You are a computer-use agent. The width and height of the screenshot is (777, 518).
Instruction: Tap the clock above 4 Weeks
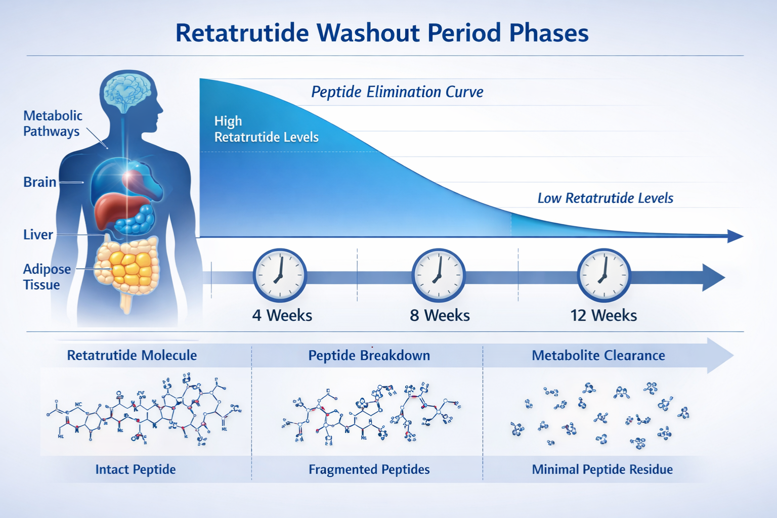[x=280, y=276]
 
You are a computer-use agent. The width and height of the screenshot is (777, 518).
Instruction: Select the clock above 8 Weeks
[x=439, y=276]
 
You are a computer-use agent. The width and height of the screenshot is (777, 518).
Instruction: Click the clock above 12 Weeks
[x=603, y=276]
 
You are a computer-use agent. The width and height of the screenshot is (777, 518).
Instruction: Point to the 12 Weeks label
[x=603, y=316]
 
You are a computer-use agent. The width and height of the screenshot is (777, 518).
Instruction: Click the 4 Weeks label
[x=282, y=316]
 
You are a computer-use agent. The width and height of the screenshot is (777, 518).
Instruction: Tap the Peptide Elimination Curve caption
[x=397, y=92]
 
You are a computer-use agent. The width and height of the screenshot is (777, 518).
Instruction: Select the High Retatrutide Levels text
[x=266, y=129]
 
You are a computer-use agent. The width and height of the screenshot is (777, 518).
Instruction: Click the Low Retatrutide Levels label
[x=605, y=198]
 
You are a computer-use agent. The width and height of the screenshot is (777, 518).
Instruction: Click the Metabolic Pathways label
[x=52, y=123]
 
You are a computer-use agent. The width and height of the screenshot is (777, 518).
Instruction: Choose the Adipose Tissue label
[x=47, y=277]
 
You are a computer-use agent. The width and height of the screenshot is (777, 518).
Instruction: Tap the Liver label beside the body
[x=38, y=235]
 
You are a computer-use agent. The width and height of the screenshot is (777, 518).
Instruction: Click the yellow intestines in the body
[x=129, y=266]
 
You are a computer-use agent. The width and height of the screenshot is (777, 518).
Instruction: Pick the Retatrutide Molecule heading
[x=132, y=356]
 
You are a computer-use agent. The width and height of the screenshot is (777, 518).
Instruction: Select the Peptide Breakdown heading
[x=369, y=356]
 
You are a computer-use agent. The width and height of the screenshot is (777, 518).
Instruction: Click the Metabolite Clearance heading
[x=598, y=356]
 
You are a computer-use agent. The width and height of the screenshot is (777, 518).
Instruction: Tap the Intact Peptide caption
[x=136, y=469]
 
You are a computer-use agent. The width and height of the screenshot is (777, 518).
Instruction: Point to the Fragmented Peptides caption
[x=369, y=469]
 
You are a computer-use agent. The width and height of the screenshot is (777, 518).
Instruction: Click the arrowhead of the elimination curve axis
[x=736, y=236]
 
